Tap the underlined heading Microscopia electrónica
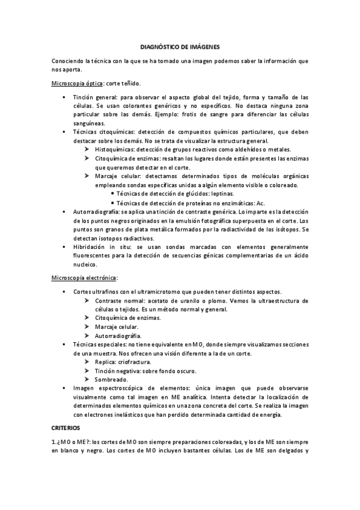coord(84,278)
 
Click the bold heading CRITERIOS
coord(69,426)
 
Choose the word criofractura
coord(135,362)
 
